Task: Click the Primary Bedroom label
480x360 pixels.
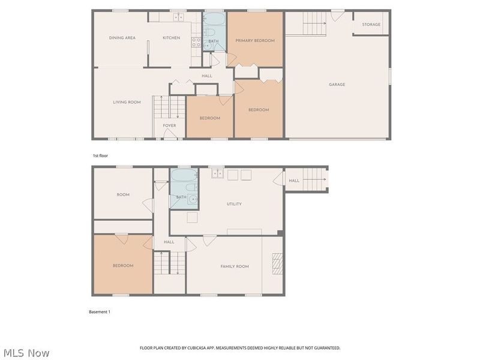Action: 254,40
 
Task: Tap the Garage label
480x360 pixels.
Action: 337,84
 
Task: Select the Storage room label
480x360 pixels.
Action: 371,24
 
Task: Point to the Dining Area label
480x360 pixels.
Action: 122,38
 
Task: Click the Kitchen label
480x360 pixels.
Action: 171,38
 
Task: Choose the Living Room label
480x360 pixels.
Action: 127,102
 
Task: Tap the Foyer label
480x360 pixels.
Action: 169,125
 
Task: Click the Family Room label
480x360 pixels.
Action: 235,266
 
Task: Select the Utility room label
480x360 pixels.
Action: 234,204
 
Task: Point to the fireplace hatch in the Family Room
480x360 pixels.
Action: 277,263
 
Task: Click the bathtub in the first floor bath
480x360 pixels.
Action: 214,19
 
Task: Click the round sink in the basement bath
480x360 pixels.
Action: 193,200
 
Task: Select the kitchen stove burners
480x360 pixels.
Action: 196,42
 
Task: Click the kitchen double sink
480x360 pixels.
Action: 178,17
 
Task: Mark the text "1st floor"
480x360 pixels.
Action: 100,155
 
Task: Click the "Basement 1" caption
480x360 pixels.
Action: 100,312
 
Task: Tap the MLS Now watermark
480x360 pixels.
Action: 27,353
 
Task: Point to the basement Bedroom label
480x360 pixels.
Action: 123,265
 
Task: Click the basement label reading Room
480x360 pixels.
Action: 123,194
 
